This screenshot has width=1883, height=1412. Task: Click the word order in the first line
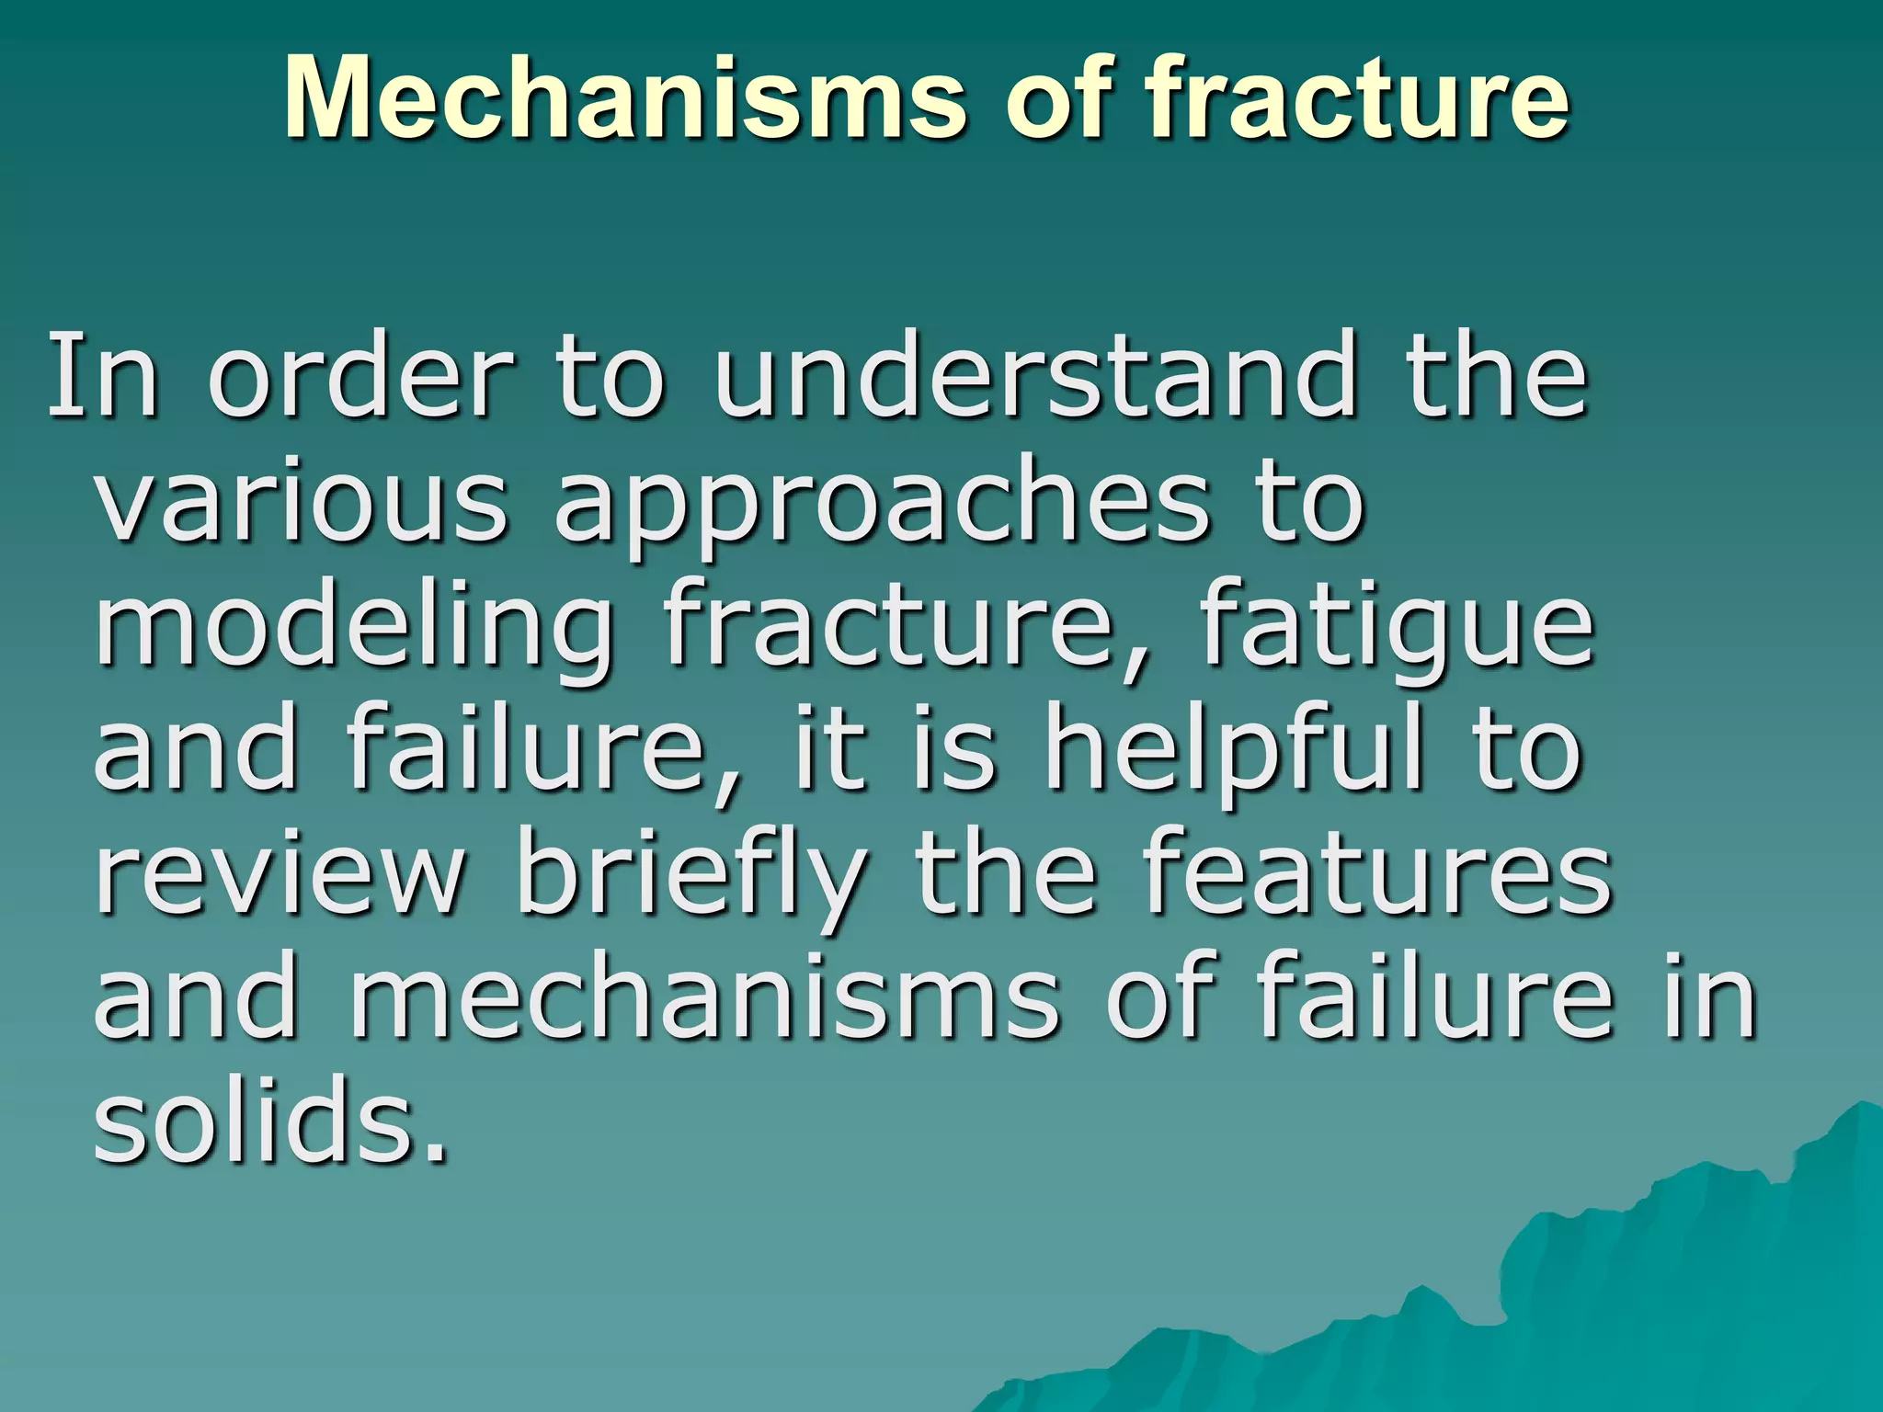(x=359, y=377)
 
